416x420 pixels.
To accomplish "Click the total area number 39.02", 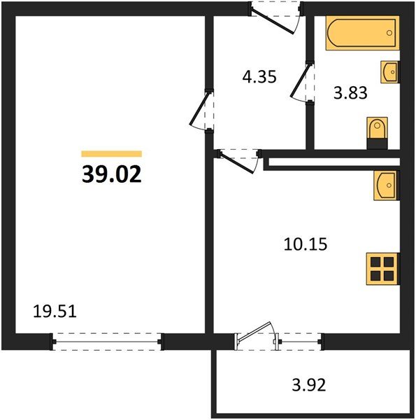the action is click(x=112, y=174).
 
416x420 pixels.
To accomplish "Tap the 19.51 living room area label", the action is click(x=55, y=311).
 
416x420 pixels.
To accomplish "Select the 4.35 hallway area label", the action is click(x=259, y=77).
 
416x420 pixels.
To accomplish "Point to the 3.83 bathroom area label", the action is click(x=350, y=93).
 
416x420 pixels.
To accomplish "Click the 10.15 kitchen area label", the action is click(x=306, y=244).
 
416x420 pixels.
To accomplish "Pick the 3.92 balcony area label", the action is click(x=309, y=385).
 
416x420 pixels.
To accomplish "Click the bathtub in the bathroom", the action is click(x=362, y=33).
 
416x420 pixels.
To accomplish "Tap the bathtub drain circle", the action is click(x=389, y=33).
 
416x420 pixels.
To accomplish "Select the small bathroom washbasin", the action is click(x=390, y=72).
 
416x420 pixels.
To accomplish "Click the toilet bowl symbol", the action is click(x=378, y=128).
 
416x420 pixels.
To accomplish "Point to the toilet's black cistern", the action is click(x=378, y=143).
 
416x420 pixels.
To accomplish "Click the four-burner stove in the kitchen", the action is click(x=382, y=269).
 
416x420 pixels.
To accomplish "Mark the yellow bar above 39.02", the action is click(x=112, y=154).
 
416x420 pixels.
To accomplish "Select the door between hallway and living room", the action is click(x=199, y=108).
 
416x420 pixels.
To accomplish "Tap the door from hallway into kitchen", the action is click(x=236, y=163).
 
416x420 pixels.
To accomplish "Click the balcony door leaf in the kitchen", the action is click(x=254, y=332).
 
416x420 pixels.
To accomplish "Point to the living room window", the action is click(x=107, y=342).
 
